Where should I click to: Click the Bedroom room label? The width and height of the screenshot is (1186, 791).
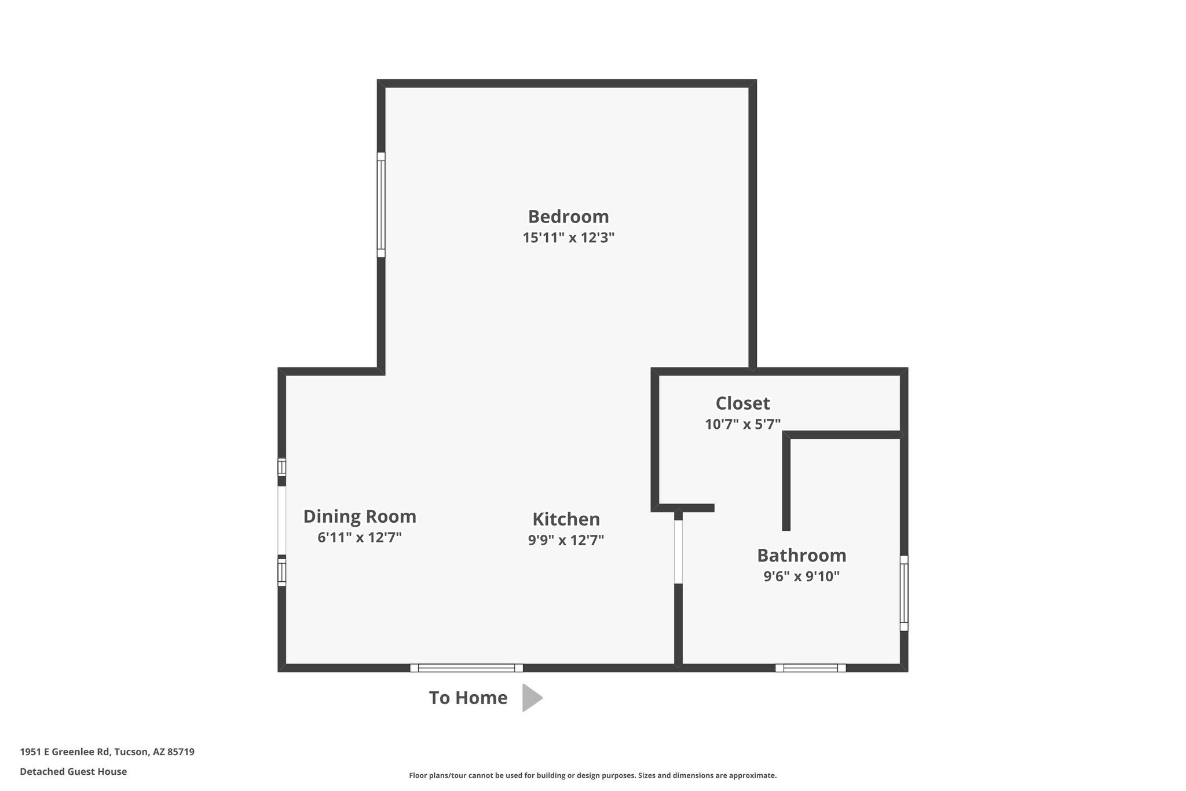click(568, 217)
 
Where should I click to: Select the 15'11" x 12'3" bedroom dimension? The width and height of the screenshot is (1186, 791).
click(568, 238)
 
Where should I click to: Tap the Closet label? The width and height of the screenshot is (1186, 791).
click(742, 403)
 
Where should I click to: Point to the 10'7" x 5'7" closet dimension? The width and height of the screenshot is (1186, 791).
click(742, 424)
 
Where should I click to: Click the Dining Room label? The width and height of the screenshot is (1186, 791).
click(360, 516)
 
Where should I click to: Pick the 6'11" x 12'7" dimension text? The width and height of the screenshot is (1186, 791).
click(360, 537)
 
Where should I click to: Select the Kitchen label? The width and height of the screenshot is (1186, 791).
click(566, 519)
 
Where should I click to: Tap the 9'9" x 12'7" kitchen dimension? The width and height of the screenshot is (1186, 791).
click(566, 540)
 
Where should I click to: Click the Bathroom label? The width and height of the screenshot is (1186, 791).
click(801, 555)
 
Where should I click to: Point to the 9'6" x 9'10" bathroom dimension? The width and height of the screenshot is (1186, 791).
click(801, 577)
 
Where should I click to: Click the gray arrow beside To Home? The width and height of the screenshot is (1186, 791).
click(531, 698)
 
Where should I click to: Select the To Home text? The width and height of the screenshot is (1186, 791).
click(468, 698)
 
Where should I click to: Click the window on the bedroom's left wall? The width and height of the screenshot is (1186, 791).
click(381, 205)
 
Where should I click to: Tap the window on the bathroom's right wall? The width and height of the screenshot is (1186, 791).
click(903, 593)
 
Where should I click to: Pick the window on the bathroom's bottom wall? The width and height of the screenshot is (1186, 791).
click(810, 668)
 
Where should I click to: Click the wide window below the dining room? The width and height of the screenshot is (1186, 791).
click(466, 668)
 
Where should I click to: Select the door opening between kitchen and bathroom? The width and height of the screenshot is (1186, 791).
click(678, 552)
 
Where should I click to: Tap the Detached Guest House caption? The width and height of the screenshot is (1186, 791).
click(74, 772)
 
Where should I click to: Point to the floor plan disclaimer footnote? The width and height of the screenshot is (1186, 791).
click(592, 775)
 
